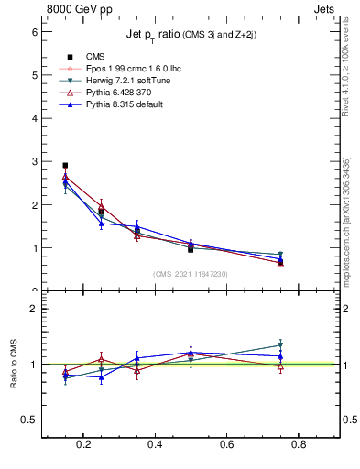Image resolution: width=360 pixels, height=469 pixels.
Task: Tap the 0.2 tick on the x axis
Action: (x=85, y=445)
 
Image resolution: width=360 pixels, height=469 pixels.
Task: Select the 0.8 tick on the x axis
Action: (x=299, y=445)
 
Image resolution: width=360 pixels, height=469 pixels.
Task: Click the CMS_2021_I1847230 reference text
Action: (x=190, y=273)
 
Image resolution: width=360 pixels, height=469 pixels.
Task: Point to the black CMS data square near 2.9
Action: (x=65, y=166)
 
